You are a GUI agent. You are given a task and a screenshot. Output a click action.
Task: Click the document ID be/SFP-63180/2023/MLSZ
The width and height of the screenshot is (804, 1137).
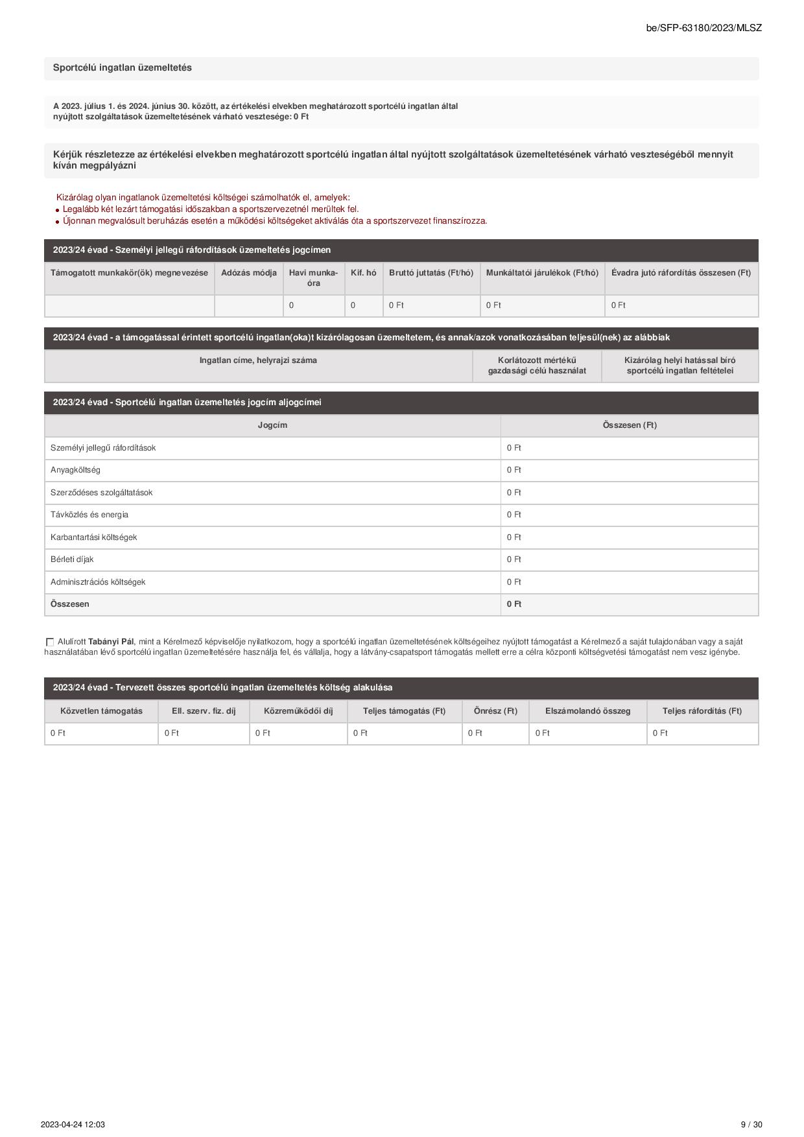click(703, 28)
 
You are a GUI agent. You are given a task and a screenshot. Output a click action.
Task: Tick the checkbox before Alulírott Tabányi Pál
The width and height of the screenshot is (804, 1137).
click(50, 642)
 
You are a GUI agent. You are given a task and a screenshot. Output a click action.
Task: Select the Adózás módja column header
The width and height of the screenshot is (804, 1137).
click(249, 273)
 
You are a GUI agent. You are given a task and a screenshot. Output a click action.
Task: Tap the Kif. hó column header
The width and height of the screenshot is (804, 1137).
click(363, 273)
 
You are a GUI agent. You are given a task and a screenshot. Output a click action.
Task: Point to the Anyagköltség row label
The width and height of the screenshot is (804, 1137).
click(75, 470)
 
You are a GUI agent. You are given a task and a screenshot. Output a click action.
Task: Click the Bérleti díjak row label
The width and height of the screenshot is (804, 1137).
click(72, 559)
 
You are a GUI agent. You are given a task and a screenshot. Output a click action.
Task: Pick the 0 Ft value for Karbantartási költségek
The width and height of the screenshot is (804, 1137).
click(514, 537)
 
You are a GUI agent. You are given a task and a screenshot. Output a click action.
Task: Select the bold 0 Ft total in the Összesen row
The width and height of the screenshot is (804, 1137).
click(514, 604)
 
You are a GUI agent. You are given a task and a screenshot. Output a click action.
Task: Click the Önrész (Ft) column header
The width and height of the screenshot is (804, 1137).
click(495, 711)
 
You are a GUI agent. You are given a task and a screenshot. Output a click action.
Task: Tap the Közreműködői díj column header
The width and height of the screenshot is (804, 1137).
click(298, 711)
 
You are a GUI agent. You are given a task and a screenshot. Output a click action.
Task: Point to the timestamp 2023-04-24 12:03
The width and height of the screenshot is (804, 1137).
click(73, 1125)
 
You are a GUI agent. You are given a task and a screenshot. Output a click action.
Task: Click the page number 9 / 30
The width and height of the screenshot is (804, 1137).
click(751, 1125)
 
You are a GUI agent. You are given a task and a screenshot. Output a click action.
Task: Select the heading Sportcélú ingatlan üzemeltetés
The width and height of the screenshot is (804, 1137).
click(123, 68)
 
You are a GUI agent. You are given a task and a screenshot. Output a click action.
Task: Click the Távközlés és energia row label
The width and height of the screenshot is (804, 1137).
click(89, 515)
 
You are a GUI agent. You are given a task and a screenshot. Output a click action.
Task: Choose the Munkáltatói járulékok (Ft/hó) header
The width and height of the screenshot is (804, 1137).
click(542, 273)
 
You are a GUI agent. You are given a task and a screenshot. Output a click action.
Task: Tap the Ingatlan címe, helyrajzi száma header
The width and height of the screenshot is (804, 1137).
click(258, 360)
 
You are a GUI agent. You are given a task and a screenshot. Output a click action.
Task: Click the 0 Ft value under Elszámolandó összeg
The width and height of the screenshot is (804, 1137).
click(542, 733)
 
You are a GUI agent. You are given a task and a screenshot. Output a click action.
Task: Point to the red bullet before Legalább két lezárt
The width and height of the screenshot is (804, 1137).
click(58, 210)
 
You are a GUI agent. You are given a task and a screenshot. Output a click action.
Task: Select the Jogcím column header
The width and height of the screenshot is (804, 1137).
click(272, 425)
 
